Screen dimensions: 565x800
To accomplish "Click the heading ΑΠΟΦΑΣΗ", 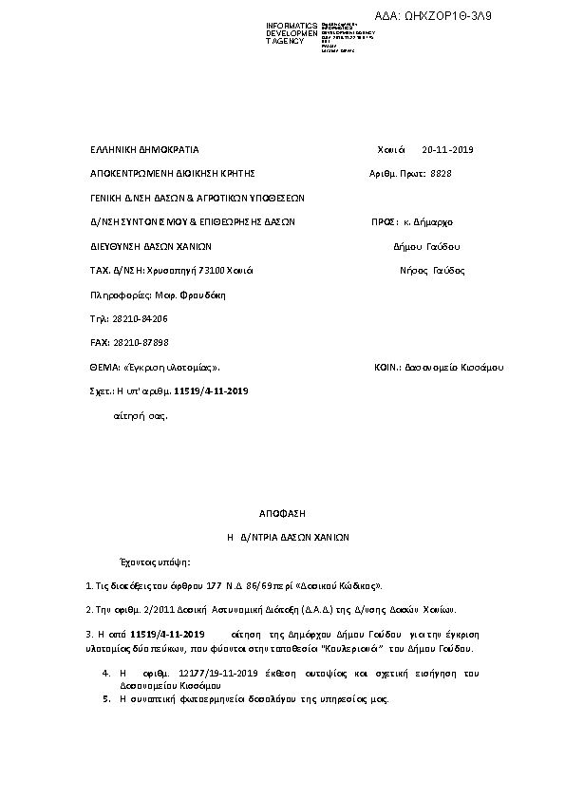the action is point(281,513).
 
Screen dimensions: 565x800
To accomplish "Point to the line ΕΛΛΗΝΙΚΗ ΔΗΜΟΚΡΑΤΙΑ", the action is point(143,150).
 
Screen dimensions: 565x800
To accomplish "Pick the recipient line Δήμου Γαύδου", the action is point(426,246).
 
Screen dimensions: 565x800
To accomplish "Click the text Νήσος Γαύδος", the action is point(435,270).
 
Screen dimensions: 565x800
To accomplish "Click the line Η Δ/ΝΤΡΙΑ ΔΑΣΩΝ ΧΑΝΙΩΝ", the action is point(288,537).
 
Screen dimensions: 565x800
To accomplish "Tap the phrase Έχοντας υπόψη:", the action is point(153,562).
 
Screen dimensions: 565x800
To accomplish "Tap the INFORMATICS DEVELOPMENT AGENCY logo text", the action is point(292,33).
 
